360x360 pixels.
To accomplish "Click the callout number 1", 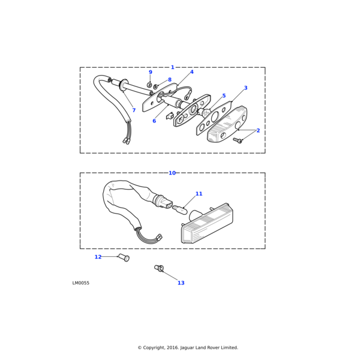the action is tap(172, 67).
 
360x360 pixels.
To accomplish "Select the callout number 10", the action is tap(172, 173).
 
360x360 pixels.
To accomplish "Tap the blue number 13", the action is tap(181, 283).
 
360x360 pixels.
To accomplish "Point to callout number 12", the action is tap(98, 257).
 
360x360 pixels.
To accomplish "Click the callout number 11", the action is tap(199, 194).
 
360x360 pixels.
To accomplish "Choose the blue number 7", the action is tap(134, 110).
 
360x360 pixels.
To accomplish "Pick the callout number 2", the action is tap(258, 130).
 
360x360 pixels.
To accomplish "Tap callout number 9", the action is tap(151, 72).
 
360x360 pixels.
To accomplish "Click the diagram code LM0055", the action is tap(81, 283).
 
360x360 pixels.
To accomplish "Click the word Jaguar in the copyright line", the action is tap(187, 347).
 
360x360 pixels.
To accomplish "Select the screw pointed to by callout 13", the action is tap(159, 268).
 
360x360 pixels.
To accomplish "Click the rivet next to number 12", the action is tap(124, 257).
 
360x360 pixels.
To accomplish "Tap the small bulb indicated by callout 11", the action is tap(179, 209).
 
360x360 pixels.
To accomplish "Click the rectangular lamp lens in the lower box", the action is tap(207, 223).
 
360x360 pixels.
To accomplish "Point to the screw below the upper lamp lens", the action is tap(238, 140).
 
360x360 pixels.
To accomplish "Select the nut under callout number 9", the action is tap(149, 85).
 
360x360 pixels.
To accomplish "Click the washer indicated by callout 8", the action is tap(155, 86).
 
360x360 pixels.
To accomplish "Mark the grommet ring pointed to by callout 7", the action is tap(123, 85).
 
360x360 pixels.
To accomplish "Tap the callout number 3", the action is tap(245, 88).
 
